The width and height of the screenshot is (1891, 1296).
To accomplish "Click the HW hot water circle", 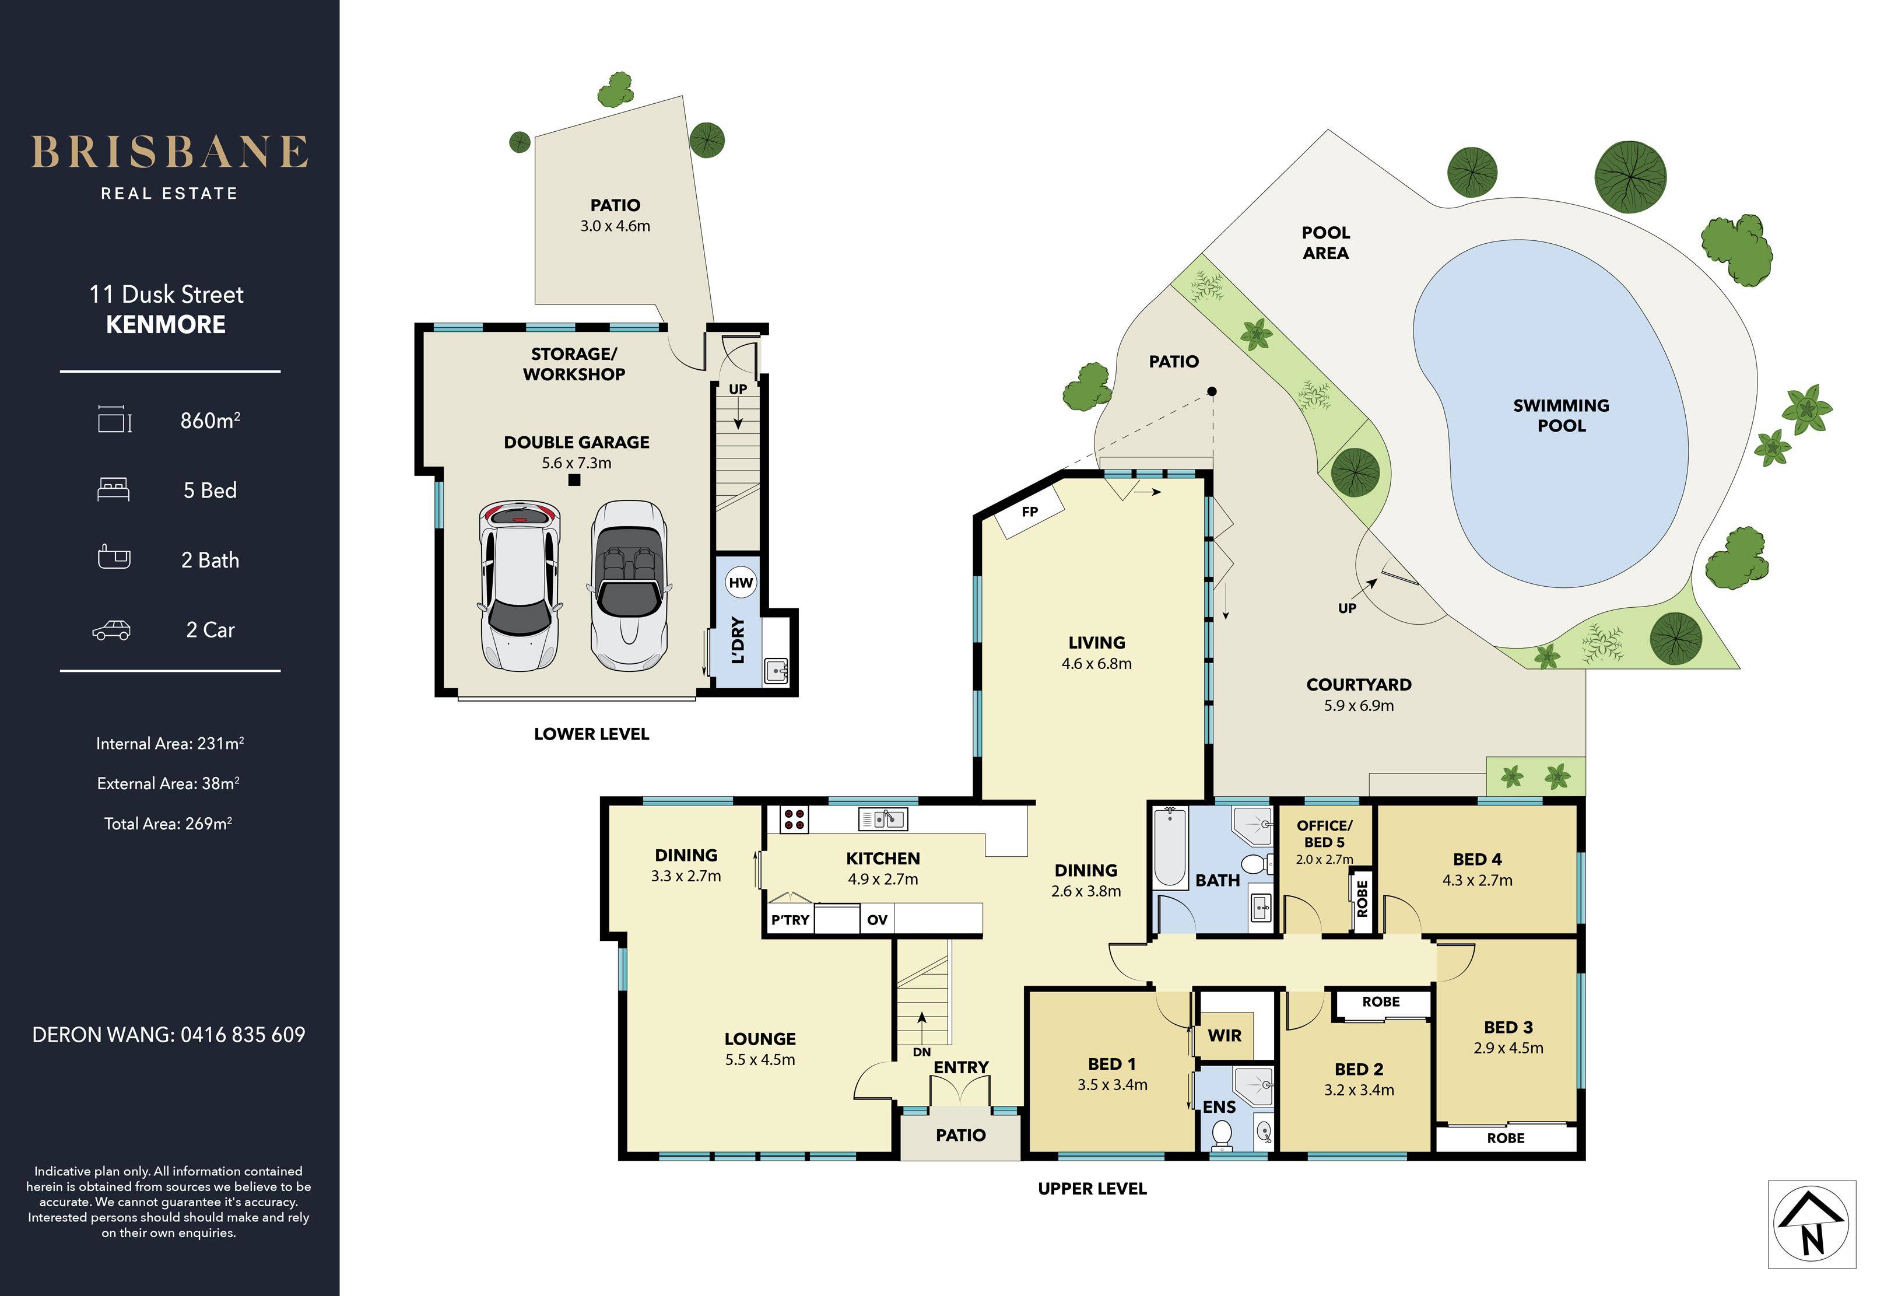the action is click(741, 582).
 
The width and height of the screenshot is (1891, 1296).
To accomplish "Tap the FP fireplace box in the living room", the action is click(1030, 512).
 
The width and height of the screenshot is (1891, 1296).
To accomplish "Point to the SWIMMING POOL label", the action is click(1560, 415).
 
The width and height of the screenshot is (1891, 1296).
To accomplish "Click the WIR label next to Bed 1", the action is click(1225, 1035).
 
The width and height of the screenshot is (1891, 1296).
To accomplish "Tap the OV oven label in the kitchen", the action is click(877, 920).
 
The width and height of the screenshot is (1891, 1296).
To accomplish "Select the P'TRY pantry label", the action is click(790, 920).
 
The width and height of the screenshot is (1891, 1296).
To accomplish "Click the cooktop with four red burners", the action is click(794, 819).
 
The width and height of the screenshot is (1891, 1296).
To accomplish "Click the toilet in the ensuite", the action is click(1222, 1133).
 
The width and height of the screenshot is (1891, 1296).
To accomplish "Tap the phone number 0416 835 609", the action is click(243, 1035).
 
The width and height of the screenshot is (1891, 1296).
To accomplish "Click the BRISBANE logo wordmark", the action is click(169, 152).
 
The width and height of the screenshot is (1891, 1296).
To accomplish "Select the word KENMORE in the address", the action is click(166, 324).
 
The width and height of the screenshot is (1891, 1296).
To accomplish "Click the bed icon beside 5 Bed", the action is click(113, 490).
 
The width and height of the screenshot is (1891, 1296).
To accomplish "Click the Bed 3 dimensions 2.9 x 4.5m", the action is click(1508, 1048).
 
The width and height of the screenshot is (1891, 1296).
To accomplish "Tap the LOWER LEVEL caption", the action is click(591, 734).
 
